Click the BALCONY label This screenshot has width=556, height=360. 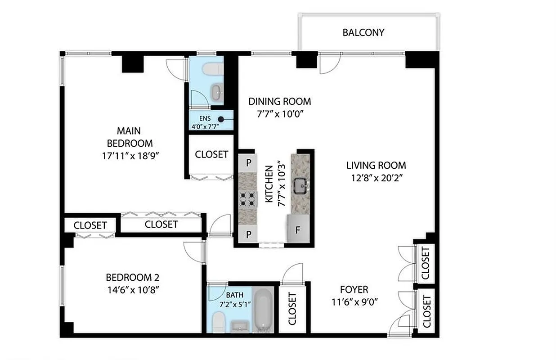(x=363, y=32)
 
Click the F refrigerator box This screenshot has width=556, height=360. (x=297, y=229)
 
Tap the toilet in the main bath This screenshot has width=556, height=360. (x=218, y=322)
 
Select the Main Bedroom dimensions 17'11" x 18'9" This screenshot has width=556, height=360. (x=131, y=156)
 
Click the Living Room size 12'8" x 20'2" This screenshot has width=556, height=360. (x=376, y=177)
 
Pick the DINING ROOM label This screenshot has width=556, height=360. (x=279, y=101)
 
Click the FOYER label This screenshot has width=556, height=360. (x=354, y=289)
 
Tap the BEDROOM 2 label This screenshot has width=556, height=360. (x=132, y=277)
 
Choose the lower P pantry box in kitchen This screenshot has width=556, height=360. (x=248, y=234)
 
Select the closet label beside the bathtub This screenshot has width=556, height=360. (x=292, y=309)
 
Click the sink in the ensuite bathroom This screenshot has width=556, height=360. (x=217, y=92)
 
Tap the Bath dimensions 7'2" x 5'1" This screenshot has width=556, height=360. (x=235, y=304)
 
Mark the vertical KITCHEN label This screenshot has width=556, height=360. (x=269, y=184)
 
